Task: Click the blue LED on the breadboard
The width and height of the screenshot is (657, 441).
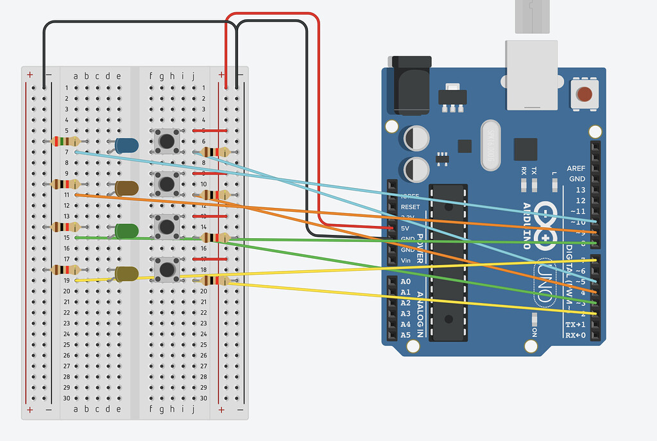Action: click(x=128, y=146)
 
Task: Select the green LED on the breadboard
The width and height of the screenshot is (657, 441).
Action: click(x=128, y=230)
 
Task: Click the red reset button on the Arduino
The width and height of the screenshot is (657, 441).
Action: click(x=584, y=94)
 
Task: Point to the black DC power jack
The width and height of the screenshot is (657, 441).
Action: click(x=411, y=90)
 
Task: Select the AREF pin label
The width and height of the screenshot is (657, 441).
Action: click(x=576, y=168)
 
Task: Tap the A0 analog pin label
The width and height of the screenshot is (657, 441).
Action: click(x=405, y=282)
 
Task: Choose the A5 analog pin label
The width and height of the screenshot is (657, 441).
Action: click(x=405, y=335)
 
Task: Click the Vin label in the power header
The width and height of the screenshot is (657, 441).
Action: click(x=405, y=260)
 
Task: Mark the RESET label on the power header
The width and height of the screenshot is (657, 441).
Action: click(x=410, y=207)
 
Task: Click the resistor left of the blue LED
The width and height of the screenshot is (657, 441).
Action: click(x=65, y=141)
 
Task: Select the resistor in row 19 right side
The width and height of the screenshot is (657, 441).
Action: click(x=214, y=280)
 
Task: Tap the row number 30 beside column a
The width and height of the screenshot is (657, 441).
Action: click(x=67, y=398)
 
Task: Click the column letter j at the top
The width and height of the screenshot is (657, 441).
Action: click(x=194, y=76)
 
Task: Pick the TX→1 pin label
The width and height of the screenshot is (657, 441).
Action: click(x=575, y=324)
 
